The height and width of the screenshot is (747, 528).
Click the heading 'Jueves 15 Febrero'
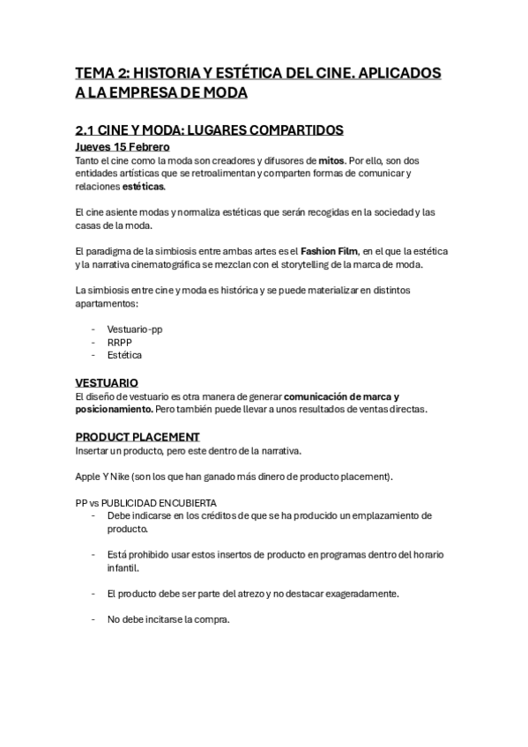point(123,147)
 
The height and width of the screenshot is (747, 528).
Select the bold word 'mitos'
point(331,161)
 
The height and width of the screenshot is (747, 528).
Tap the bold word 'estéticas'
point(144,187)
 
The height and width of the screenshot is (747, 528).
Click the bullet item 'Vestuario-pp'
point(135,328)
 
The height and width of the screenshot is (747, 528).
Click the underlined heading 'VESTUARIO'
point(107,383)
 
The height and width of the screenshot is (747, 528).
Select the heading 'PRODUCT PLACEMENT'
point(138,437)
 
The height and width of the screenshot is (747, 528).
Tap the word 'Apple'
point(88,477)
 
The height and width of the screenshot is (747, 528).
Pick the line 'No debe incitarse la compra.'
point(168,619)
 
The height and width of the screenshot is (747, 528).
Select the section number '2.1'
point(87,129)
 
